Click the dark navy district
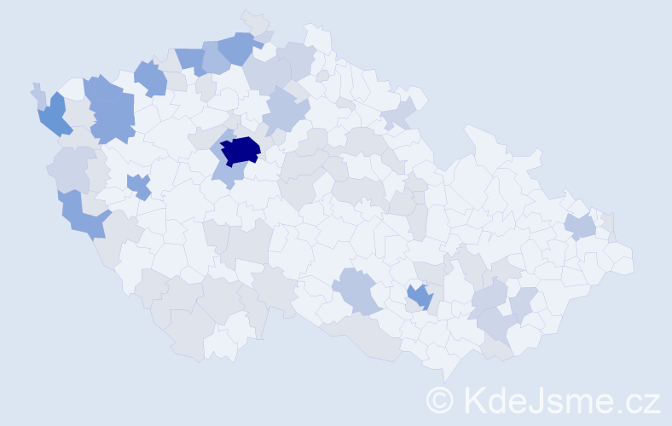point(240,151)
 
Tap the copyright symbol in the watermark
point(439,399)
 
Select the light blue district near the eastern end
point(580,226)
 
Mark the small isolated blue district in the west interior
point(138,185)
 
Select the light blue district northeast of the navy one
point(286,111)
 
